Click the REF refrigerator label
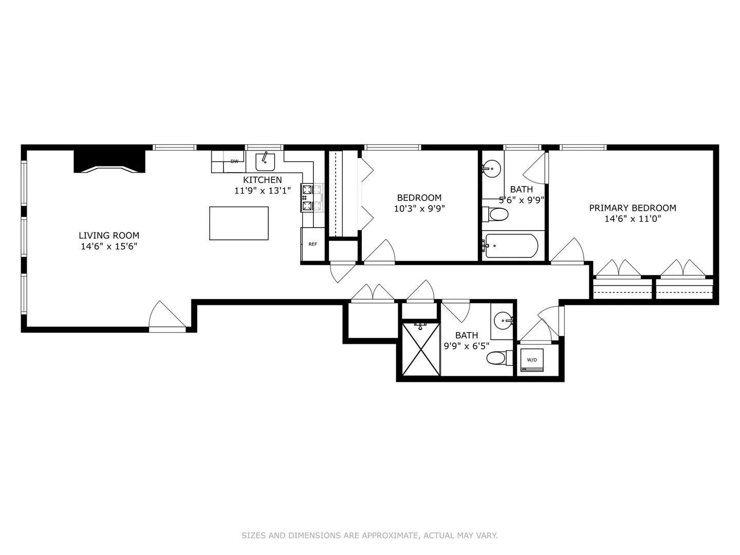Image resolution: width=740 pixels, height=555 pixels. coord(312,244)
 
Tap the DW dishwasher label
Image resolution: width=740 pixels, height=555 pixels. coord(234,161)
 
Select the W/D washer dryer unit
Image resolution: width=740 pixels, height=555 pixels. coord(532,360)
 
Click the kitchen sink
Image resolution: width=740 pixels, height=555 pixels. coord(265,162)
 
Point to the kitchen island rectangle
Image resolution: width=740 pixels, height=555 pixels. coord(238,223)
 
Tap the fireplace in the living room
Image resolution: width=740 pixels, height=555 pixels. coord(109,161)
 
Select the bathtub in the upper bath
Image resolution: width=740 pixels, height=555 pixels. coord(510,246)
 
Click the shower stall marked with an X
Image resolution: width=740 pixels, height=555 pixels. coord(421,349)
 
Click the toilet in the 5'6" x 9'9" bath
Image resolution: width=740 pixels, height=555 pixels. coord(494,214)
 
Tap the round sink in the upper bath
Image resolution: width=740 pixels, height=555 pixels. coord(492,168)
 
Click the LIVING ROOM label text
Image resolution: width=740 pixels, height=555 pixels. coord(109,235)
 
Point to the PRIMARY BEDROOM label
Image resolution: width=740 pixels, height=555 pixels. coord(633,208)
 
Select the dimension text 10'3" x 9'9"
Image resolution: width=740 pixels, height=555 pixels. coord(419,209)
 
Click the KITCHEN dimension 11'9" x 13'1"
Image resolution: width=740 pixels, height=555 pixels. coord(262,191)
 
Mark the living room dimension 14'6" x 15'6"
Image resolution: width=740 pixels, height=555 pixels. coord(109,246)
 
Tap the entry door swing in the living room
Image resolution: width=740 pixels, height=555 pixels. coord(167,314)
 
